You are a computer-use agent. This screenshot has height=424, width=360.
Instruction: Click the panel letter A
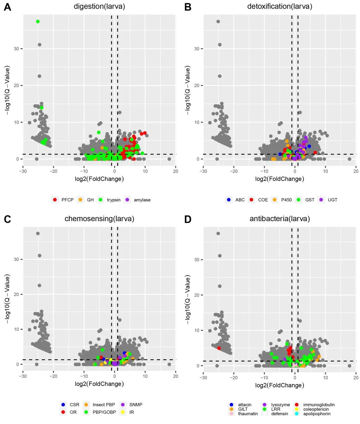[7, 7]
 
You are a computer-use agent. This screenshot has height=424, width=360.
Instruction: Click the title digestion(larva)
[99, 6]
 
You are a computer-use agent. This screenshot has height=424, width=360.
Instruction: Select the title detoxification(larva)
[279, 6]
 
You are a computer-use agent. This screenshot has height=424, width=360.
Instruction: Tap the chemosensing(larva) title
[99, 219]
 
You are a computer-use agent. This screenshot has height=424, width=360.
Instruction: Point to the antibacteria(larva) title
[279, 219]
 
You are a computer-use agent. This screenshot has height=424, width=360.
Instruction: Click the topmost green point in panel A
[38, 22]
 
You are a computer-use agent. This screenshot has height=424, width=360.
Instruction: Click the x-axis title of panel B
[279, 179]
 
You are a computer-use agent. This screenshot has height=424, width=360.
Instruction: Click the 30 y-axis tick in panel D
[197, 260]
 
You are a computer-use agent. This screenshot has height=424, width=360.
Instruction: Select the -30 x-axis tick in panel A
[23, 171]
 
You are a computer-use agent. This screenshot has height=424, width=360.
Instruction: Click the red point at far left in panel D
[219, 348]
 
